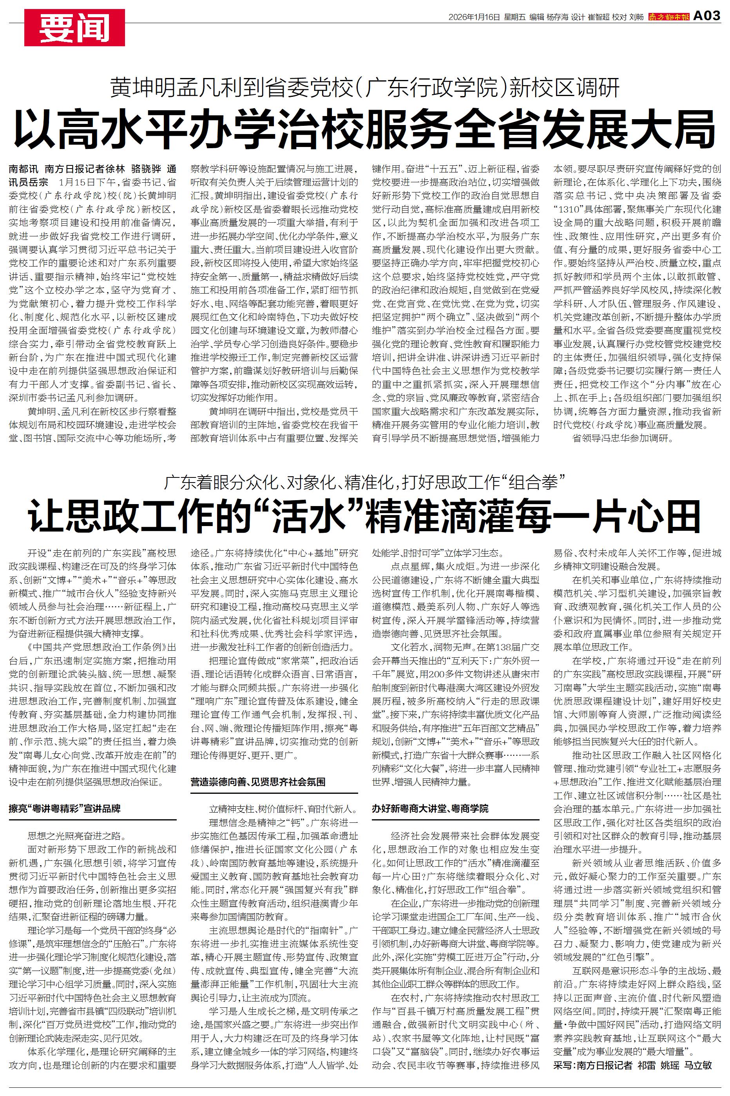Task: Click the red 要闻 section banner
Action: (x=74, y=28)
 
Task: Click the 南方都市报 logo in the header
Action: (x=669, y=17)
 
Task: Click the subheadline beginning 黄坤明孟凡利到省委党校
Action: (x=364, y=87)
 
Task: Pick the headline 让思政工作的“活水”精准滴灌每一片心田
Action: (x=364, y=516)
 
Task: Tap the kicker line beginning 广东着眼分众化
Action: (x=364, y=483)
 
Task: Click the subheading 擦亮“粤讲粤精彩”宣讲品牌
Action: (x=65, y=809)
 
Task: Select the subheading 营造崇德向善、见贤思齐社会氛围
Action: (x=258, y=782)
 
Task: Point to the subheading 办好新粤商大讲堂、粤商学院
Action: (x=430, y=809)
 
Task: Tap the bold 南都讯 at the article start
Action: (x=22, y=169)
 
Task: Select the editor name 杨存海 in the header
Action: (x=557, y=17)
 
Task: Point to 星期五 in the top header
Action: (x=514, y=17)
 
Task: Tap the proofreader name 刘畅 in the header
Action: (x=636, y=17)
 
